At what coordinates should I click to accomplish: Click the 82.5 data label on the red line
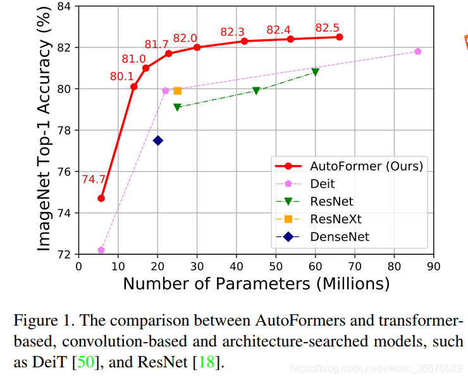(327, 28)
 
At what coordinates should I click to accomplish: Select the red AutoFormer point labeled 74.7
(101, 198)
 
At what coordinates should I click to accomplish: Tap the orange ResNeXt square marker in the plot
(178, 90)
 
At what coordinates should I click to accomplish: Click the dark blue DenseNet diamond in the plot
(158, 140)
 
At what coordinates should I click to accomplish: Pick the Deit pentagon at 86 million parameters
(418, 51)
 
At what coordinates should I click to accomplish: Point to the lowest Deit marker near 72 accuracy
(101, 250)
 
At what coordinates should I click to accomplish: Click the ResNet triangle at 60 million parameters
(315, 71)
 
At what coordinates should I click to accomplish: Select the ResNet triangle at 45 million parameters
(256, 90)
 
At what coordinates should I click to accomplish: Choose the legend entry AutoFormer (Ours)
(366, 166)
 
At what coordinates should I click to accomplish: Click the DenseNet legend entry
(339, 236)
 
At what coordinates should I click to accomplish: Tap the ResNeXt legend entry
(336, 219)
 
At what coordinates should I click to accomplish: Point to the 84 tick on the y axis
(65, 6)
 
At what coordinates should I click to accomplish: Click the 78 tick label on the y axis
(65, 130)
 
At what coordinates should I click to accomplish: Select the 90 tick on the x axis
(434, 266)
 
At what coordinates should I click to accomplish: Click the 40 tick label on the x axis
(237, 266)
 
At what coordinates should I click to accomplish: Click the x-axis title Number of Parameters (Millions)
(256, 283)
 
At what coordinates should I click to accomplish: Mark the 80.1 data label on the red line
(122, 76)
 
